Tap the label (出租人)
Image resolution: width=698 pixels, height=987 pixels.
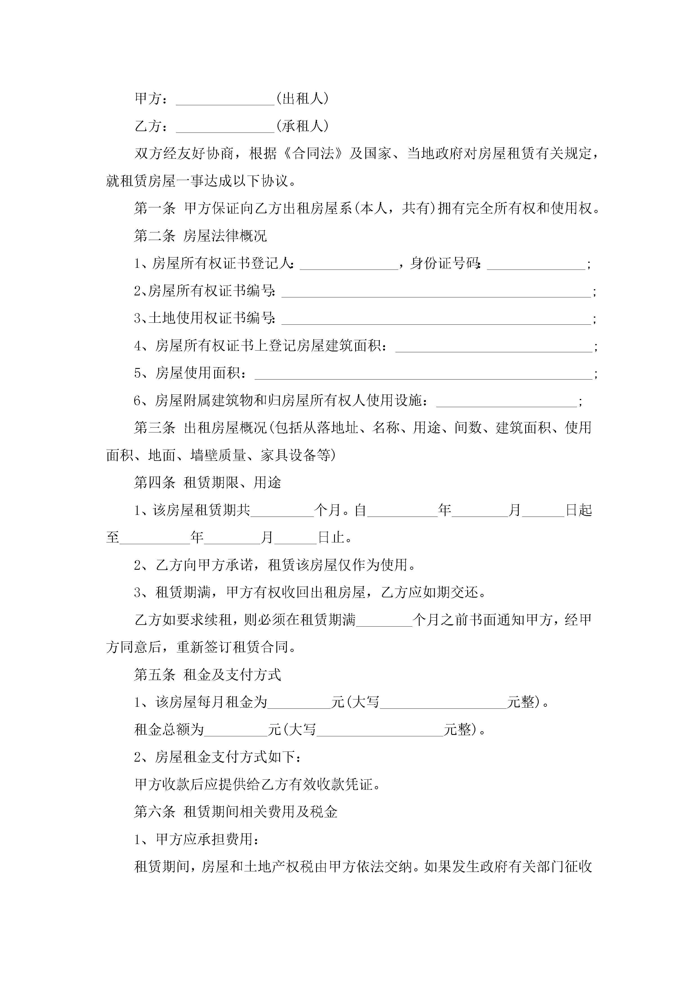pyautogui.click(x=302, y=99)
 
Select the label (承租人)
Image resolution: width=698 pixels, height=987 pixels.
pyautogui.click(x=302, y=126)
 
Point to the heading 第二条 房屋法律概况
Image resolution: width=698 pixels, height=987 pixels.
pyautogui.click(x=200, y=236)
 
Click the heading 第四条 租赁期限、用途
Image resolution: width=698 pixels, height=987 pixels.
pyautogui.click(x=207, y=483)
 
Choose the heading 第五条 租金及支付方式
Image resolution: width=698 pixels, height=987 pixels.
pyautogui.click(x=207, y=675)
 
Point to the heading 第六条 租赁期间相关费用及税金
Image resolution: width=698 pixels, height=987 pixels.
pyautogui.click(x=236, y=812)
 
